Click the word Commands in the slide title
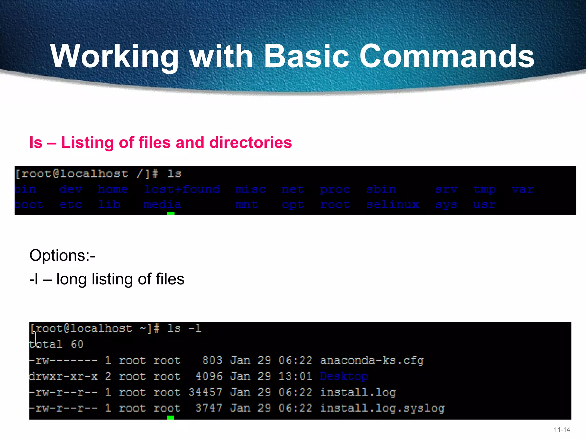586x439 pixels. [x=447, y=56]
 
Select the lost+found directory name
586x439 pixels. [x=182, y=189]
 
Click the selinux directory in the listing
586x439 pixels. [x=393, y=205]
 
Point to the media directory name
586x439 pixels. [x=162, y=205]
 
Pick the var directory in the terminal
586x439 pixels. [x=522, y=189]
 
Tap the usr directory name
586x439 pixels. [x=484, y=205]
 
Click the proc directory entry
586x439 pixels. [x=335, y=189]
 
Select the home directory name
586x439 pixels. [x=113, y=189]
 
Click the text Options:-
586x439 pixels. [x=62, y=255]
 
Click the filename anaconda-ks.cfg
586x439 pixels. [x=372, y=360]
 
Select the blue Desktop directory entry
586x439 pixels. [x=344, y=376]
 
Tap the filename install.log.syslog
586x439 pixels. [x=382, y=408]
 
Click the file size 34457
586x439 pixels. [x=205, y=392]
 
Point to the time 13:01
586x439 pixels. [x=295, y=376]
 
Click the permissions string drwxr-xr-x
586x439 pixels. [x=63, y=376]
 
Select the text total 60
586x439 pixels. [x=56, y=344]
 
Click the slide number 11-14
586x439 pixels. [x=562, y=430]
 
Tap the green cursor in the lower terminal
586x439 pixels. [x=171, y=418]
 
